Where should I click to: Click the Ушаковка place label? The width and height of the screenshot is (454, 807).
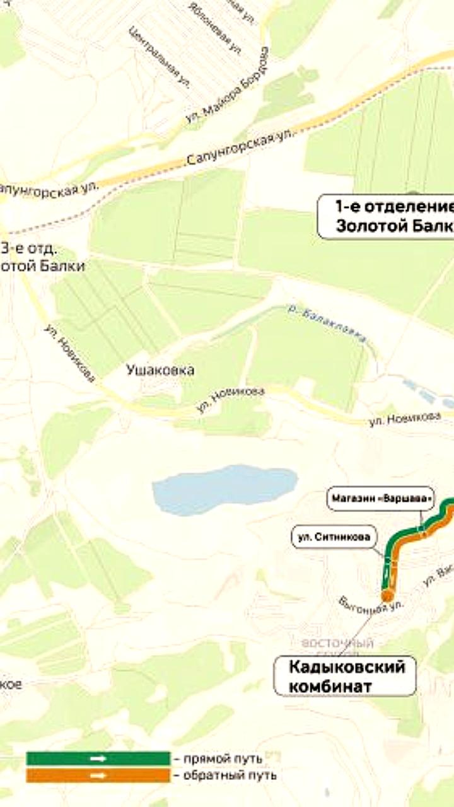pyautogui.click(x=160, y=370)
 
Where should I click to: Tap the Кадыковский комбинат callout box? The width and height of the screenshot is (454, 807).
pyautogui.click(x=345, y=676)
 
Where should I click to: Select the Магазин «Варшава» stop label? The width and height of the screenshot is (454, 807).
pyautogui.click(x=381, y=499)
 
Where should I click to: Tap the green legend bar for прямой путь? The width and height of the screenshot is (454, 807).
pyautogui.click(x=98, y=758)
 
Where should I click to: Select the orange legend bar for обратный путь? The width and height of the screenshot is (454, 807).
pyautogui.click(x=98, y=775)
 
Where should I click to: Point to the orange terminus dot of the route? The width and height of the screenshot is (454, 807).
pyautogui.click(x=387, y=596)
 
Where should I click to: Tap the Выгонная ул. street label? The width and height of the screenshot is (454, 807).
pyautogui.click(x=370, y=608)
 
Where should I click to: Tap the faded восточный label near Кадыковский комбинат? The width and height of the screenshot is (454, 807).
pyautogui.click(x=338, y=644)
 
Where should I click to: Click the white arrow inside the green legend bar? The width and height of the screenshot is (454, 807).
pyautogui.click(x=98, y=758)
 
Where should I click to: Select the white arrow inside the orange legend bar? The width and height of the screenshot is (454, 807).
pyautogui.click(x=98, y=775)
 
